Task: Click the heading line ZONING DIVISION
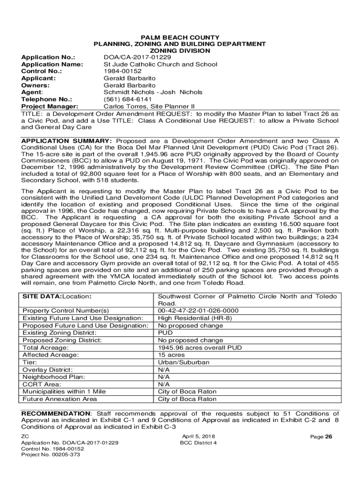180,51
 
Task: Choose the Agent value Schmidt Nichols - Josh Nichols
153,92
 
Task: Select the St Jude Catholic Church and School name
160,65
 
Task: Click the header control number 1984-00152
122,72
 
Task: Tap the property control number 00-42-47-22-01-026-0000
198,311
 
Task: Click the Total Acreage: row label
46,348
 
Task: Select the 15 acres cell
171,355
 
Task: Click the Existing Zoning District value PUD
166,333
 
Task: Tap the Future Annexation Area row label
60,399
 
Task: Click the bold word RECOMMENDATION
56,414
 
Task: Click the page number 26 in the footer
329,437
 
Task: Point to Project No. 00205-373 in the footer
50,454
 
